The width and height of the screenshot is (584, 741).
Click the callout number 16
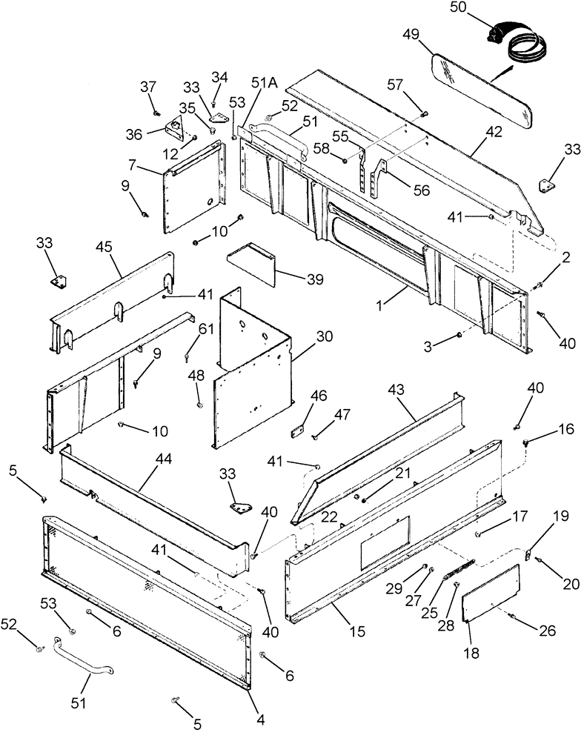545,429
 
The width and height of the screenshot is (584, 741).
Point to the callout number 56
421,190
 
